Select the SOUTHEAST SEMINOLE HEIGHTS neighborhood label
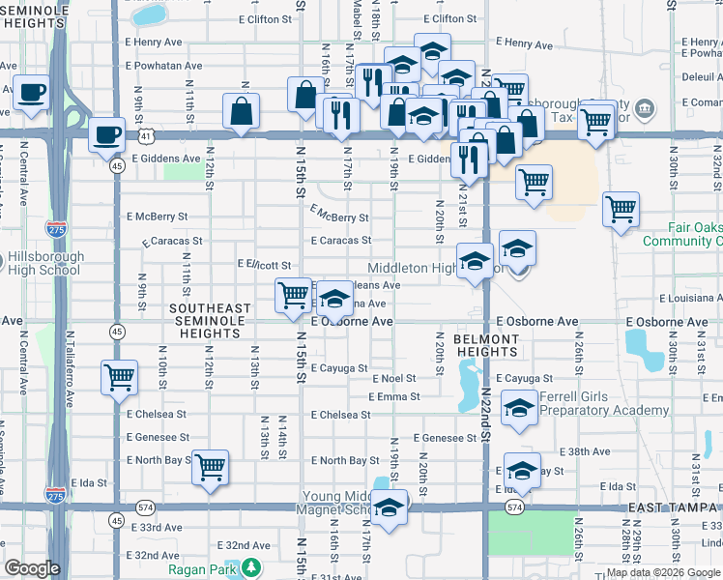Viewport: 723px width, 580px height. pyautogui.click(x=210, y=321)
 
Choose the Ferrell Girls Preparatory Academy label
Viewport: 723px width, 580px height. pyautogui.click(x=604, y=403)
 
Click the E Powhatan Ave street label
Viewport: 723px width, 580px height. pyautogui.click(x=163, y=66)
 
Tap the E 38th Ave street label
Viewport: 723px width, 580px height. pyautogui.click(x=588, y=451)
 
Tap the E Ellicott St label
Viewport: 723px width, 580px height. pyautogui.click(x=264, y=263)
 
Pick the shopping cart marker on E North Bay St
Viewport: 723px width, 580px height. pyautogui.click(x=210, y=468)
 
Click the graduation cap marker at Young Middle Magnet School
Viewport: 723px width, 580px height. pyautogui.click(x=389, y=507)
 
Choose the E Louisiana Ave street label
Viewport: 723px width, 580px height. pyautogui.click(x=690, y=300)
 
